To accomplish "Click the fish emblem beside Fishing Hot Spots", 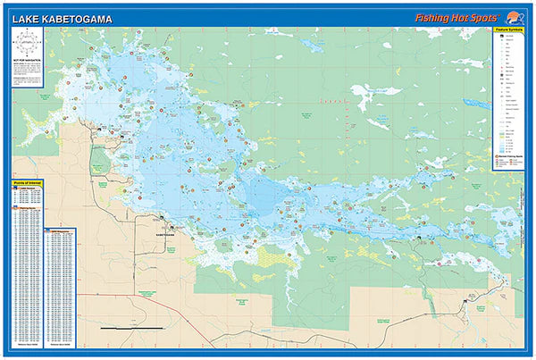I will (x=513, y=14).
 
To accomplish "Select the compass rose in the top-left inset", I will (x=28, y=44).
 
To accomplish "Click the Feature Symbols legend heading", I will (x=506, y=29).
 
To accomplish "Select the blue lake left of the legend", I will (x=478, y=105).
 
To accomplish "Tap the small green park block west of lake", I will (x=99, y=159).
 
